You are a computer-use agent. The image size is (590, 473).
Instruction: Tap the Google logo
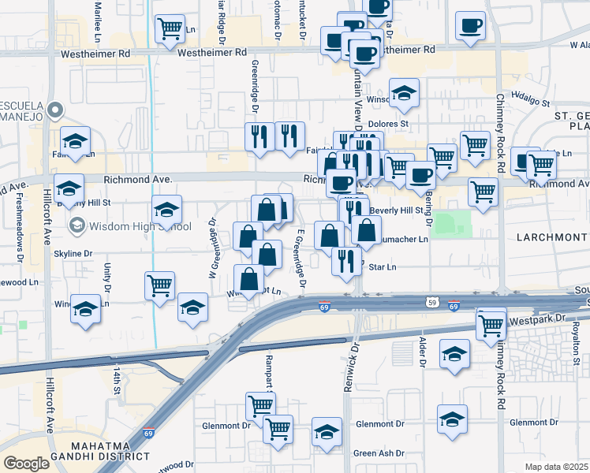coord(27,463)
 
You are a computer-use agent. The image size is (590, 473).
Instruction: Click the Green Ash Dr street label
coord(379,453)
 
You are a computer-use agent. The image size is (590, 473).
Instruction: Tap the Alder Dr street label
coord(424,354)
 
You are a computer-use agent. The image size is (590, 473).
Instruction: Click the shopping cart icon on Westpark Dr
coord(491,323)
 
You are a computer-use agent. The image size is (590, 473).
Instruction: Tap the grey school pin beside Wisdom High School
coord(77,227)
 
